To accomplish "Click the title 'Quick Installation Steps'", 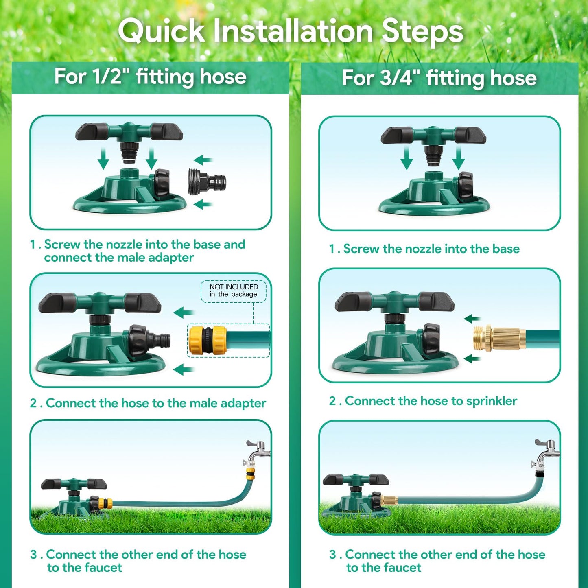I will coord(291,31).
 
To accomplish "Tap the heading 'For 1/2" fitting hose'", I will coord(150,77).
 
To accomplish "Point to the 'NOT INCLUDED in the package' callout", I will coord(233,291).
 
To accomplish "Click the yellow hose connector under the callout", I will coord(208,340).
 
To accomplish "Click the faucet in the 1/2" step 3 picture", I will coord(258,452).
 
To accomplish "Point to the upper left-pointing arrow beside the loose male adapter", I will coord(203,160).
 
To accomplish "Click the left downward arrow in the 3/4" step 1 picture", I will coord(407,159).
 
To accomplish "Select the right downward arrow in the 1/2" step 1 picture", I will coord(151,159).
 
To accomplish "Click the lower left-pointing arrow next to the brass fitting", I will coord(472,358).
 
